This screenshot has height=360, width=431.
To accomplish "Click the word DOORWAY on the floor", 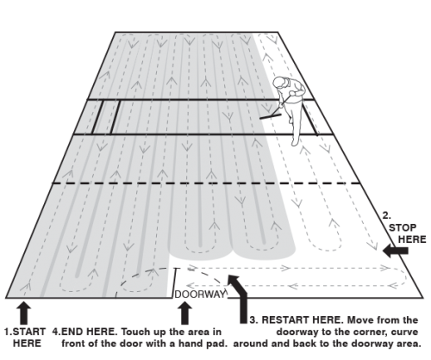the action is [200, 295].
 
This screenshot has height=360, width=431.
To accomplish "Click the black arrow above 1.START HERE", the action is [24, 313].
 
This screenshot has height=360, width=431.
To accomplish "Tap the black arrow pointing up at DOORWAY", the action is [184, 313].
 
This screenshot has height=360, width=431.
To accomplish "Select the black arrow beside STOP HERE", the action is [396, 251].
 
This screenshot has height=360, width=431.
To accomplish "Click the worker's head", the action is [279, 83].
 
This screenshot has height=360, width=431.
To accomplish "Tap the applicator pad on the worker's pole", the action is [270, 116].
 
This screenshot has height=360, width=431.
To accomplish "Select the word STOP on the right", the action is [403, 228].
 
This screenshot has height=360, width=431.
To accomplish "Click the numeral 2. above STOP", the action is [387, 215].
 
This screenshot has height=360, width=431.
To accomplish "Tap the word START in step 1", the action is [29, 332].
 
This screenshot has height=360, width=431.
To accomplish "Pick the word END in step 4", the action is [72, 332].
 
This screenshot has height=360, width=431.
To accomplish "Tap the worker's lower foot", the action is [295, 141].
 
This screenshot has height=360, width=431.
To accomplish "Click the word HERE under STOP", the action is [412, 239].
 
